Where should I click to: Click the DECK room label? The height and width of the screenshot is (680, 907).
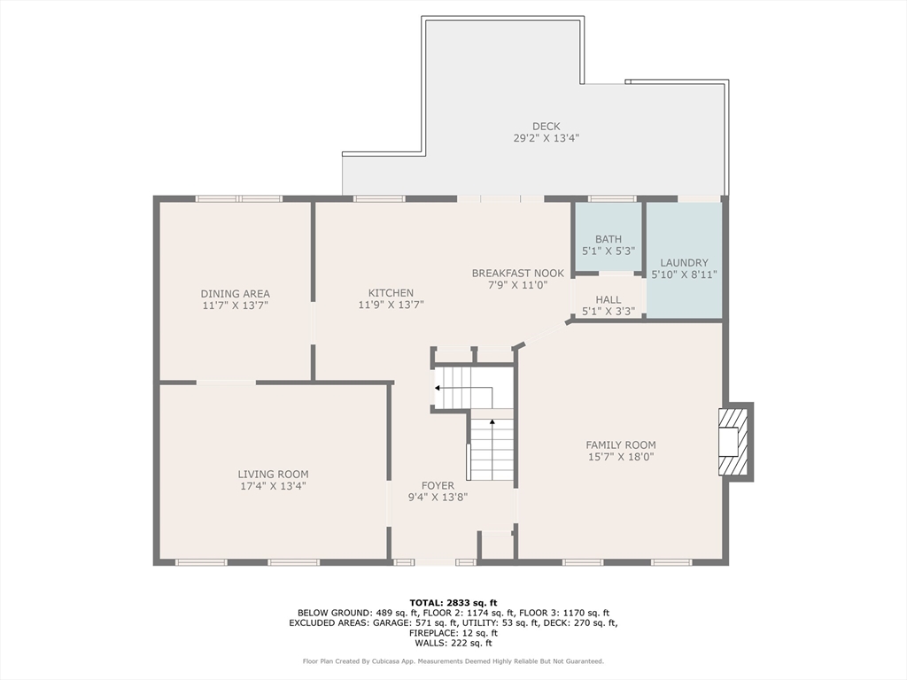(546, 126)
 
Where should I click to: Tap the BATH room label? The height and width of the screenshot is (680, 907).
(609, 239)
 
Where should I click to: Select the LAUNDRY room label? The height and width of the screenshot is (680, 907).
(684, 262)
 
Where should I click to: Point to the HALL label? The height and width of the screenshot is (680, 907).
(609, 299)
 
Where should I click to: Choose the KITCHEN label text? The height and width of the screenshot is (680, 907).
(391, 293)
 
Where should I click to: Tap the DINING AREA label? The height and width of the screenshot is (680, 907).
(236, 294)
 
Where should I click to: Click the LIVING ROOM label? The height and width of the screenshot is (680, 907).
(273, 475)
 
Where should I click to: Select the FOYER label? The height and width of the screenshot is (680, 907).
(438, 486)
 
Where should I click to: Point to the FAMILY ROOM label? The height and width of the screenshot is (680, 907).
(621, 445)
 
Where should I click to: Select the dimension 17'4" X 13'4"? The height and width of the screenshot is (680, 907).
(273, 486)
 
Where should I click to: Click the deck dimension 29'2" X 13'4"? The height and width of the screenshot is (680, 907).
(546, 138)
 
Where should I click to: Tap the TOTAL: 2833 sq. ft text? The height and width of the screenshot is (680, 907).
(453, 603)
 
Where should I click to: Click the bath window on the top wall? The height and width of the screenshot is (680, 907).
(612, 199)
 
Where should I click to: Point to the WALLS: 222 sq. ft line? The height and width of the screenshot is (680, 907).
(453, 643)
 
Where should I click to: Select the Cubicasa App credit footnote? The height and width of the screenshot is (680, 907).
(453, 661)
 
